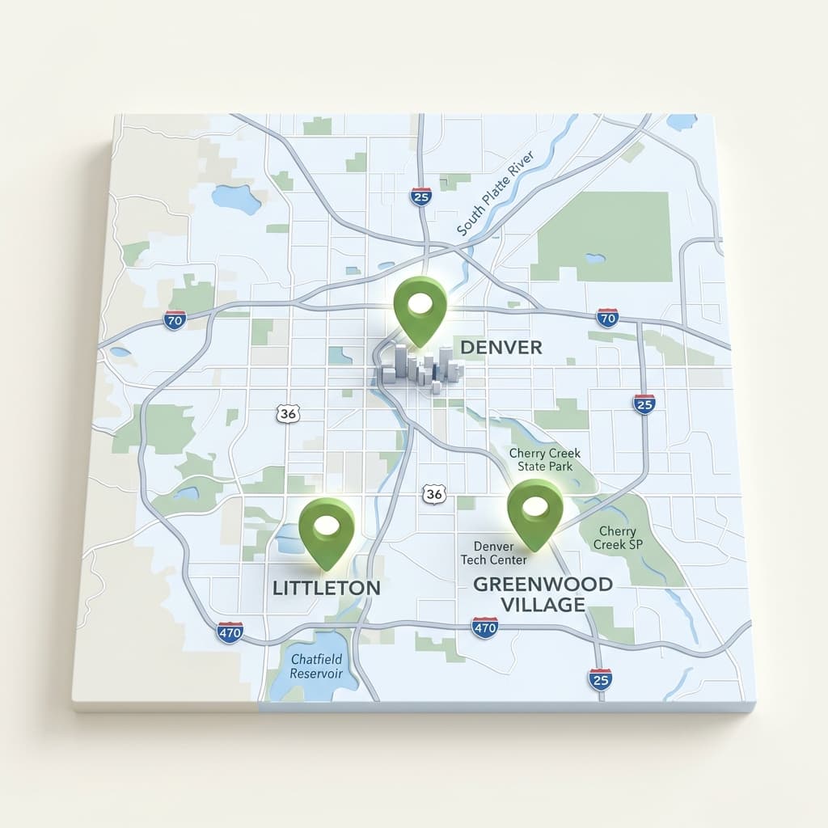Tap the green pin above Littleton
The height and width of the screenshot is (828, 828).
326,529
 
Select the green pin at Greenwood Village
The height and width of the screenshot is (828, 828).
534,510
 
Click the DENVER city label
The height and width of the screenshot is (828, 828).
501,347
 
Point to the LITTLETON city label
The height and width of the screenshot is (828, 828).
326,588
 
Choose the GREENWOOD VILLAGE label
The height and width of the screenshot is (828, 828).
542,594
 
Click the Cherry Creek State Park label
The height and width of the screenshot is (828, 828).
540,460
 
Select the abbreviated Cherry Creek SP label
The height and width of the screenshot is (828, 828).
618,538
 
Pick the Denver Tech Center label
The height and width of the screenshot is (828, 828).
493,554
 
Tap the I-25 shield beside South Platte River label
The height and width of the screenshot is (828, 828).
420,196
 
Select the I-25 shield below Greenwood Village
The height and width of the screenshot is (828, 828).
600,679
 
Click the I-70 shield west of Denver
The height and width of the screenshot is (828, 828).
174,319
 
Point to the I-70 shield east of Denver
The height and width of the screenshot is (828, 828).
607,317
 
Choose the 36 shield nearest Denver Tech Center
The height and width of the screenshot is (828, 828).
434,493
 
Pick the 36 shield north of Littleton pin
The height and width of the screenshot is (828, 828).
287,413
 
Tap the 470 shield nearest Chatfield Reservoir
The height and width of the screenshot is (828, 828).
230,632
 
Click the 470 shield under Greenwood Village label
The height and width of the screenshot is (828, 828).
484,627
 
